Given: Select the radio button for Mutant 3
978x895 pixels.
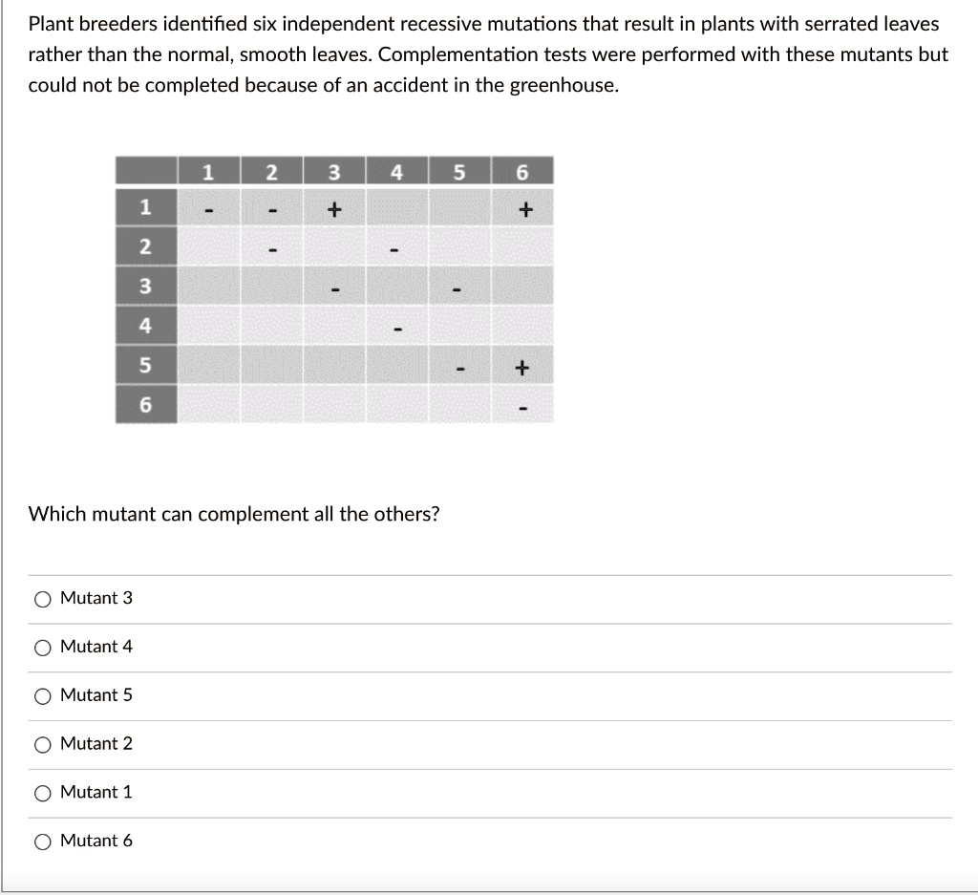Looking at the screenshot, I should [43, 599].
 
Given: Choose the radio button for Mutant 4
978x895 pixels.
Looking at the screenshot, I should [43, 648].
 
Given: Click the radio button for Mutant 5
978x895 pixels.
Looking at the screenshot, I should [43, 696].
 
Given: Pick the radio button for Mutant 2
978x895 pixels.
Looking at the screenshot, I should [43, 744].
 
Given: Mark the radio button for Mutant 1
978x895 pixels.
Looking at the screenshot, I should [43, 793].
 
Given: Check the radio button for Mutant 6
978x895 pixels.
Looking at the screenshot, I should [43, 842].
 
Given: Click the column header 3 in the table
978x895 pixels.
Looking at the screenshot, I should [333, 173].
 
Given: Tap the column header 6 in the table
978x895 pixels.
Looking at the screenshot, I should [521, 173].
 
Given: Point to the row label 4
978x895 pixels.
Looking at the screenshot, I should [145, 325].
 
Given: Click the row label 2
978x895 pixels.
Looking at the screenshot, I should [145, 246].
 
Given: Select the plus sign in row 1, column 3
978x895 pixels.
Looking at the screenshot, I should [333, 207].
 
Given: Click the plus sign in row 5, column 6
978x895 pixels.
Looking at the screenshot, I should [521, 367].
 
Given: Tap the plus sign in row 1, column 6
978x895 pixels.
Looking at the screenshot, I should [521, 207].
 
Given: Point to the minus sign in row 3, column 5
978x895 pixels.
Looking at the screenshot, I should [459, 288].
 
